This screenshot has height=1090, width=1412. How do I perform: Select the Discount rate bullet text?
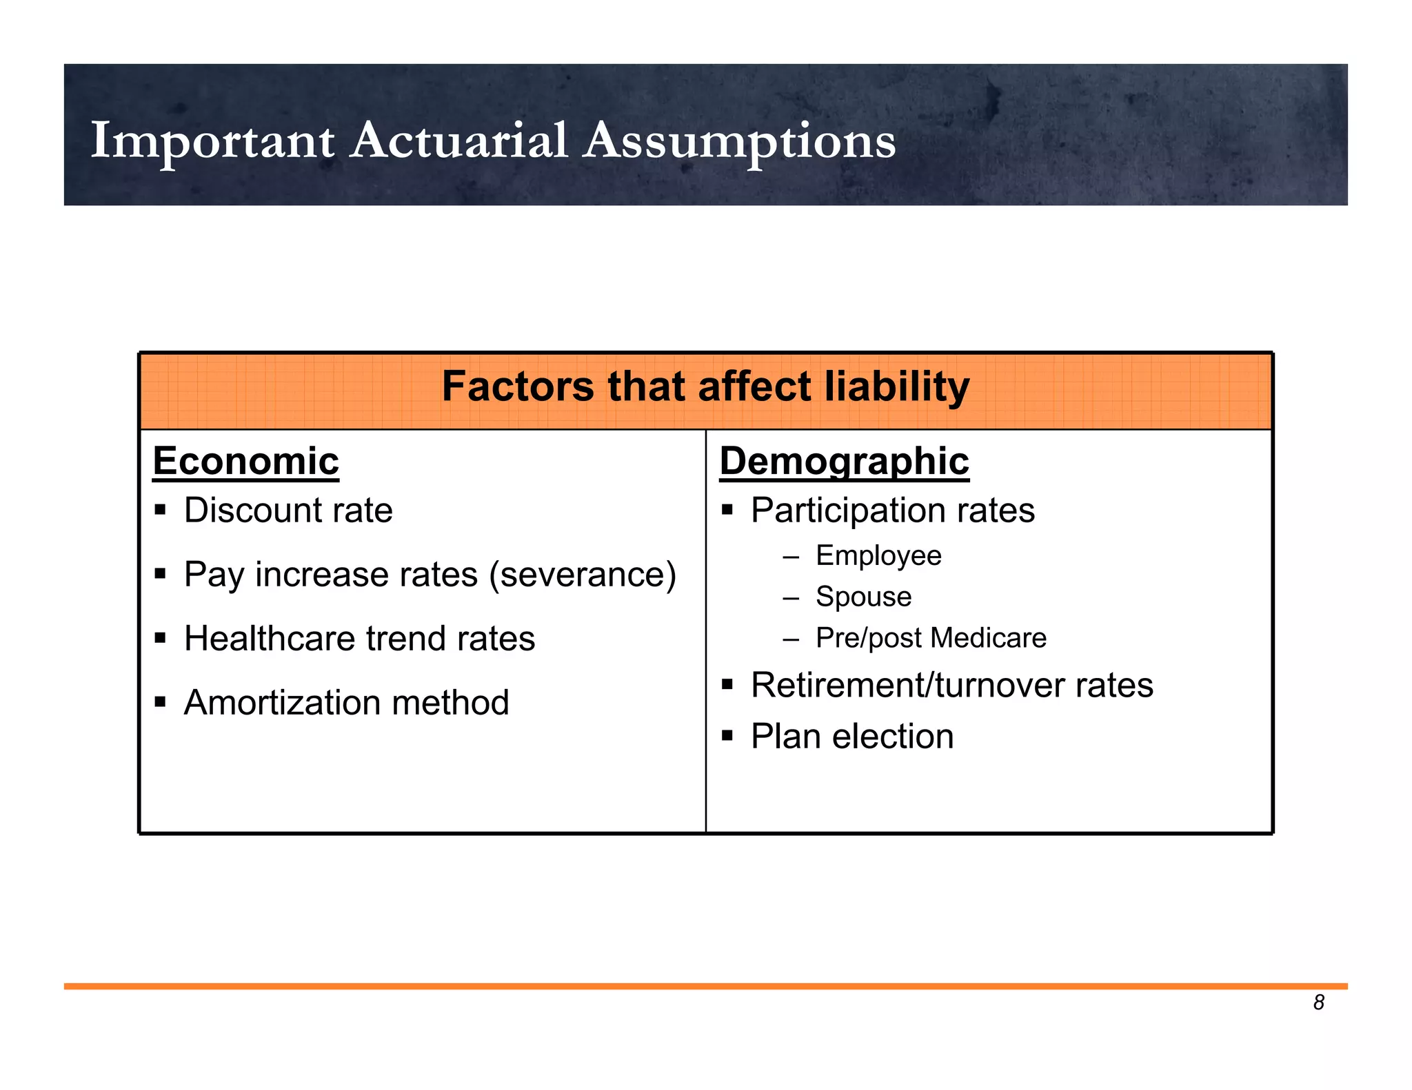click(x=288, y=511)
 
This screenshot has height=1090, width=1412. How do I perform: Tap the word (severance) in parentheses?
click(x=583, y=575)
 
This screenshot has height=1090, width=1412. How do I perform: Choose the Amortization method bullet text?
click(x=346, y=703)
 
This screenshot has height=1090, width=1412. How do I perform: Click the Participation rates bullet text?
click(x=892, y=511)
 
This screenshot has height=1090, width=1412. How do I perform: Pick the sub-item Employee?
click(x=878, y=555)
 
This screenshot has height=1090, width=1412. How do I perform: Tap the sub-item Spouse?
click(x=863, y=597)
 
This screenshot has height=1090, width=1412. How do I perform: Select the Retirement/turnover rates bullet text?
click(x=951, y=686)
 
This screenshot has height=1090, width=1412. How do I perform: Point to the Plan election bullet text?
click(x=851, y=737)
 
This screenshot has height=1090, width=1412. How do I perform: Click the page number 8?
click(x=1318, y=1003)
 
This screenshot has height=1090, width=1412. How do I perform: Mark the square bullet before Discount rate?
click(x=161, y=511)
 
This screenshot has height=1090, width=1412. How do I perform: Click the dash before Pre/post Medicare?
click(x=791, y=638)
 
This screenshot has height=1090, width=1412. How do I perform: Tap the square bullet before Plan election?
click(x=727, y=737)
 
